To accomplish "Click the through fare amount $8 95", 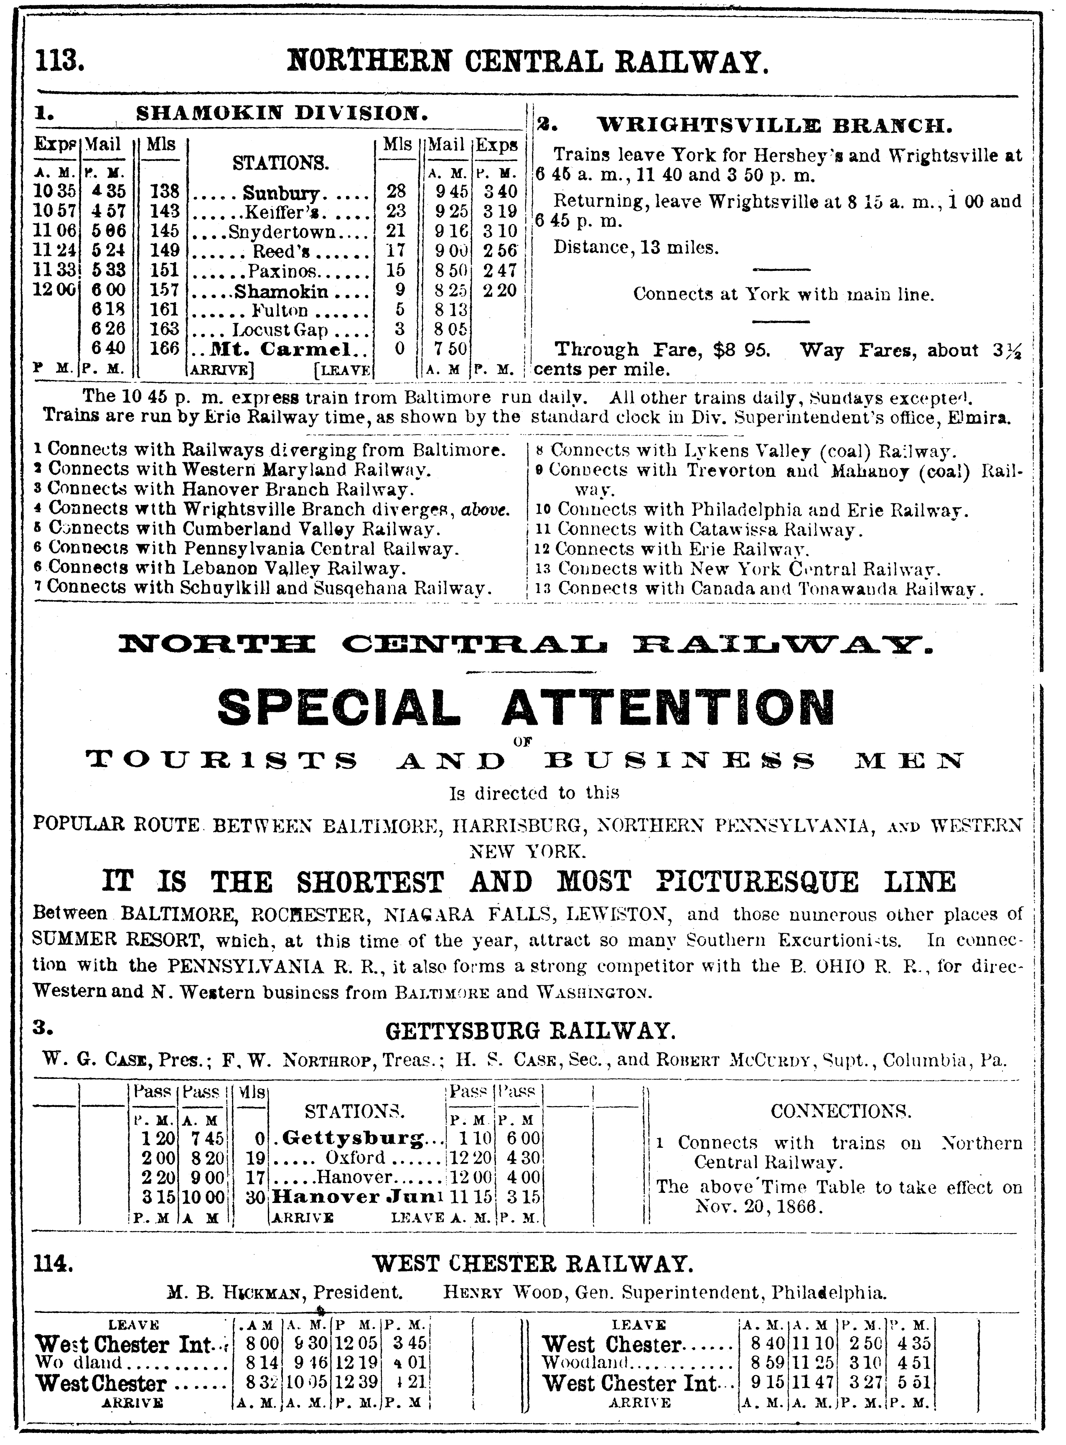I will click(x=742, y=350).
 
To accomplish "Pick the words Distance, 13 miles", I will click(x=636, y=248).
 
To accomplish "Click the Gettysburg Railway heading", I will click(x=530, y=1031).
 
